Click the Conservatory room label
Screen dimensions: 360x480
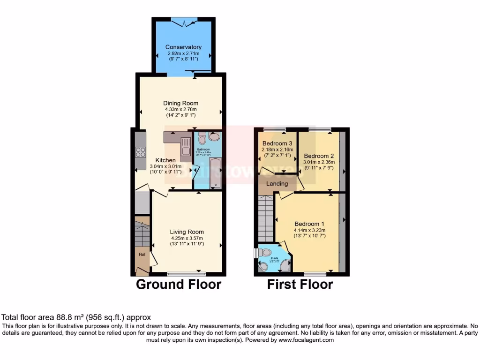coord(183,47)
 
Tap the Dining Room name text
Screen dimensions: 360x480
coord(180,103)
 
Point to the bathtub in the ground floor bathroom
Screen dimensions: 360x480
coord(215,172)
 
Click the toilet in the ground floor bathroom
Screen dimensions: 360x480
coord(202,139)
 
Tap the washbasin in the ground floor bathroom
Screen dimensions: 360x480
coord(215,136)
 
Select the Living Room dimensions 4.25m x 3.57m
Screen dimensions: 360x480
coord(187,238)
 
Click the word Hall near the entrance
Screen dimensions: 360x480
coord(142,254)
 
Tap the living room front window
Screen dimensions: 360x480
coord(186,273)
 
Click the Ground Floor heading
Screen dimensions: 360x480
coord(179,284)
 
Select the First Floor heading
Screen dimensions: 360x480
coord(300,284)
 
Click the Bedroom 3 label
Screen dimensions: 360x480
coord(277,143)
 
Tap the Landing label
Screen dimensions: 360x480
coord(277,183)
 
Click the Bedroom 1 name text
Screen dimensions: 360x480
coord(309,224)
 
